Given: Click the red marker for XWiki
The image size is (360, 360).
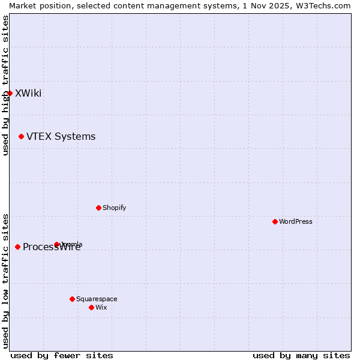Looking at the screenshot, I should click(10, 93).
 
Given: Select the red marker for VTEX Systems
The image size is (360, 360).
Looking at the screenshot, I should click(21, 137).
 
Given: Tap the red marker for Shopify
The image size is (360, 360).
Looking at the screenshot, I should click(98, 208).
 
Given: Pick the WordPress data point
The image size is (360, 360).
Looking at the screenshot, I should click(275, 221).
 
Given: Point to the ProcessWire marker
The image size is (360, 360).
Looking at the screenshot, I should click(17, 247).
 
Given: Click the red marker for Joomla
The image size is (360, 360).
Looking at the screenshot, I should click(57, 244).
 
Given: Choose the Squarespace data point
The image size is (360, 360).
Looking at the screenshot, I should click(72, 299).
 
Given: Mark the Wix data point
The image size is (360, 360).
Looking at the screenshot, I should click(91, 307).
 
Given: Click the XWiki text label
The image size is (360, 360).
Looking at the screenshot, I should click(28, 93).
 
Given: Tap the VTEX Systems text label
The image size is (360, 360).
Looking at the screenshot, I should click(61, 137).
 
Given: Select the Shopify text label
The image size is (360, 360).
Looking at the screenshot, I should click(114, 208).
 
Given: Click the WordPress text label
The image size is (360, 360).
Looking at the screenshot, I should click(296, 221).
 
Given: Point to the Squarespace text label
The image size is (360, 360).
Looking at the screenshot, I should click(97, 299).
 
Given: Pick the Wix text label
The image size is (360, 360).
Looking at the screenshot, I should click(101, 307).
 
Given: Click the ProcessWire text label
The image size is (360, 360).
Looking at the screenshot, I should click(52, 247).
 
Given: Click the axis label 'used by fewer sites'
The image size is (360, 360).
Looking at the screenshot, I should click(62, 355).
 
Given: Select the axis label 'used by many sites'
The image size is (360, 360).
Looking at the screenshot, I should click(301, 355).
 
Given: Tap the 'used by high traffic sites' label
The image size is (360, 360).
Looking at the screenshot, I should click(5, 85).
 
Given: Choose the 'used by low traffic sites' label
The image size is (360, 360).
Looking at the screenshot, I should click(5, 280).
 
